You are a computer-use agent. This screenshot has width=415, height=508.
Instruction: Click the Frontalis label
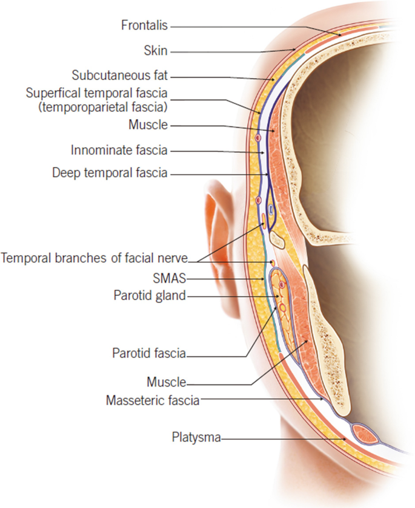(x=144, y=25)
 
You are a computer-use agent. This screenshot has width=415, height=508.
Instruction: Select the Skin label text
(x=155, y=51)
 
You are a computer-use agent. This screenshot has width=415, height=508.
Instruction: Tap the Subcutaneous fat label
(x=119, y=76)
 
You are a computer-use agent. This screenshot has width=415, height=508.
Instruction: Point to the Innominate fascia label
(x=119, y=149)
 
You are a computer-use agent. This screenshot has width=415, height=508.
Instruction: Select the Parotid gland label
(x=149, y=296)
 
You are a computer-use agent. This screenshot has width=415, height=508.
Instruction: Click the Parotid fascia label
(x=148, y=353)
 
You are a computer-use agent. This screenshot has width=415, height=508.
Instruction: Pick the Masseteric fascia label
(x=153, y=400)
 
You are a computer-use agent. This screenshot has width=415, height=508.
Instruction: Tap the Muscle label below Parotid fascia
(x=166, y=382)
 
